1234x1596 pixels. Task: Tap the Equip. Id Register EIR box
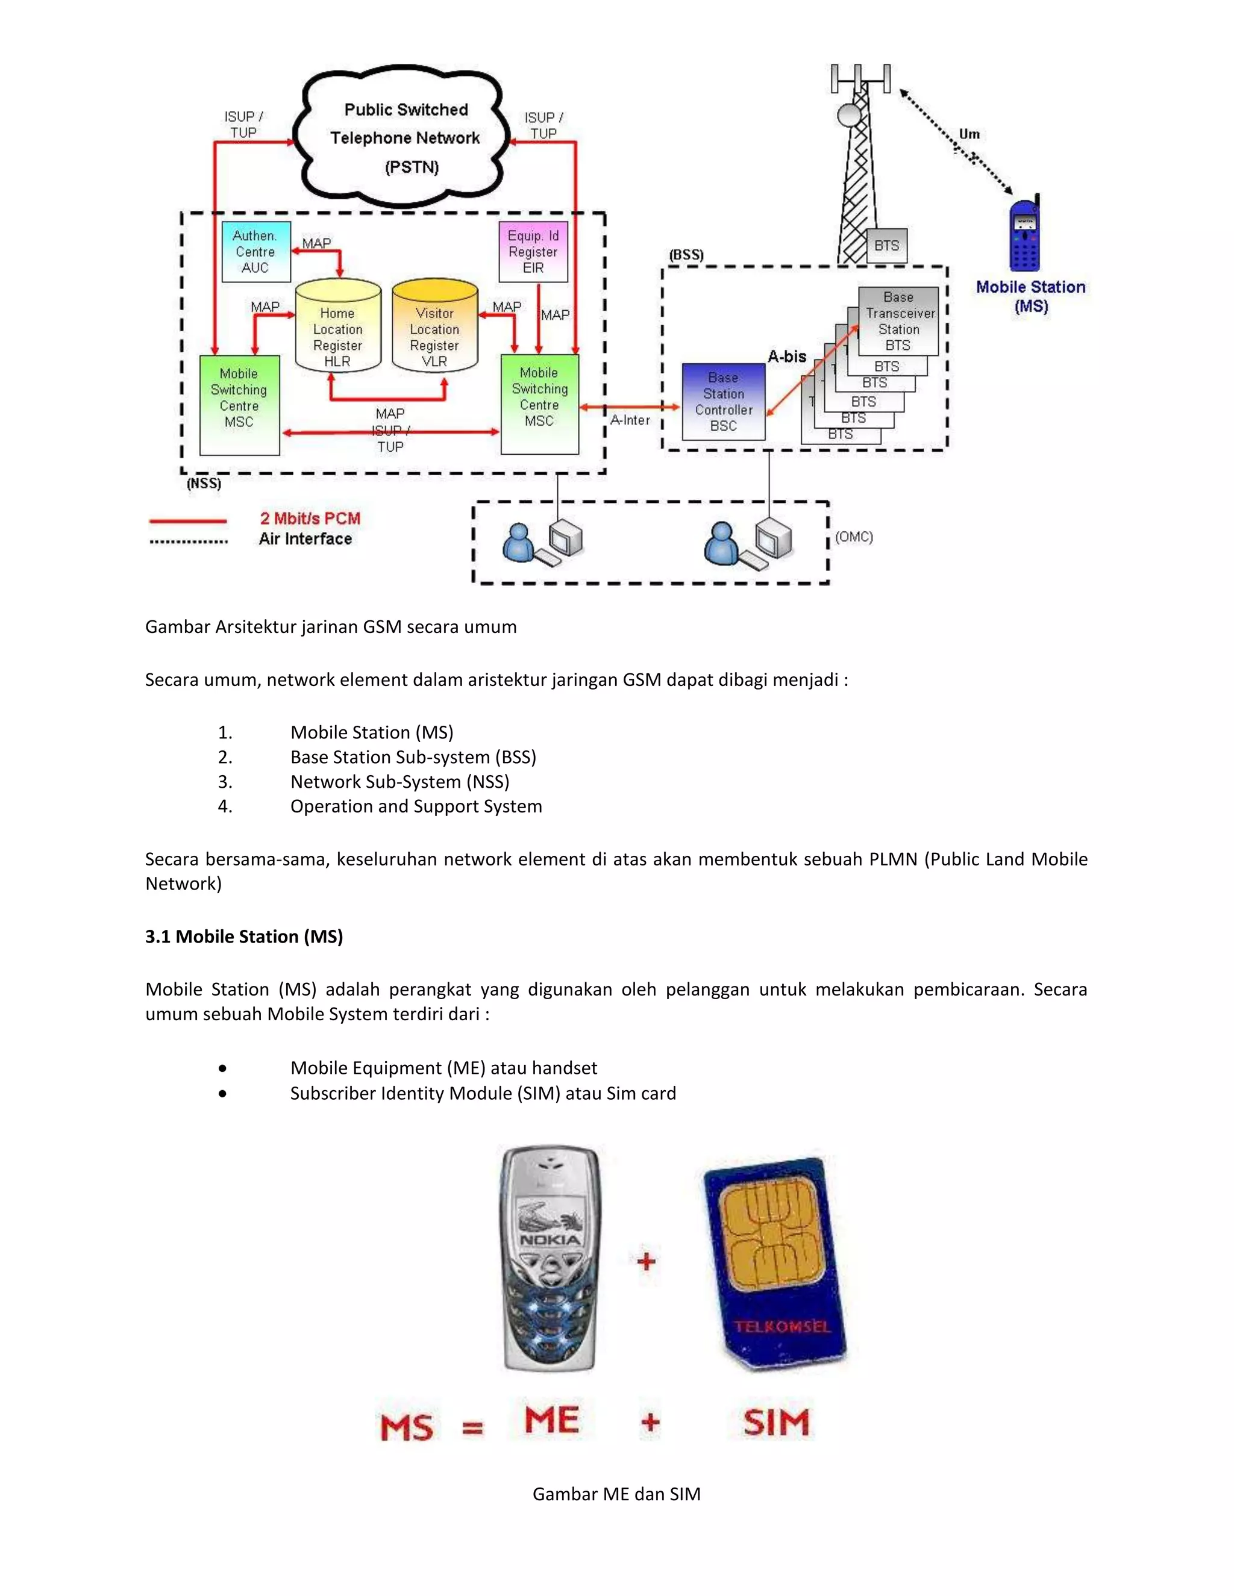pos(533,251)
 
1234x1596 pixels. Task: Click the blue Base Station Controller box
pos(723,401)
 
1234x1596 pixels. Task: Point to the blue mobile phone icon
pos(1025,235)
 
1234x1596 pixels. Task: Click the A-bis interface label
pos(786,357)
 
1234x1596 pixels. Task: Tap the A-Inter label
pos(630,420)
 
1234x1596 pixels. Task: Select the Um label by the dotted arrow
pos(969,134)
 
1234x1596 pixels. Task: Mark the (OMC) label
pos(854,537)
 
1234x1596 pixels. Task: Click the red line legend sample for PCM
pos(188,521)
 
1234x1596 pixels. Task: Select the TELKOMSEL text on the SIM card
pos(782,1326)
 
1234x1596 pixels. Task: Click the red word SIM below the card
pos(776,1422)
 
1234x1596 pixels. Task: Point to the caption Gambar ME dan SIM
pos(616,1494)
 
